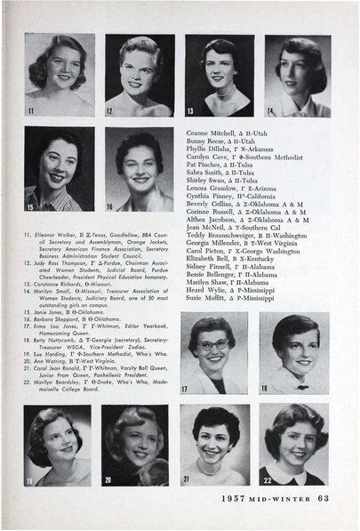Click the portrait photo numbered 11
60,76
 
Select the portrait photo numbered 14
297,76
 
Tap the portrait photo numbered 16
140,168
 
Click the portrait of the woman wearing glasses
214,353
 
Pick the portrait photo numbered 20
134,444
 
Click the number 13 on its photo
190,110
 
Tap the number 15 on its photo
31,205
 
